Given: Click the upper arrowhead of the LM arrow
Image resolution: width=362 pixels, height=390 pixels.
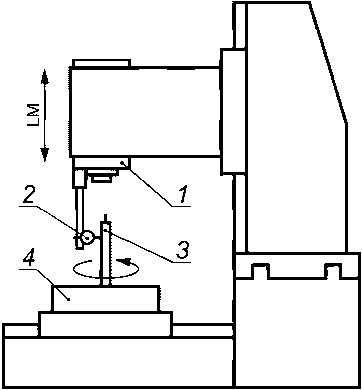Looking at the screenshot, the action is pyautogui.click(x=44, y=75).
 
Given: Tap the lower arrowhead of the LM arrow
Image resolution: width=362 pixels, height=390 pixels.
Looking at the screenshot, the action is pyautogui.click(x=44, y=156).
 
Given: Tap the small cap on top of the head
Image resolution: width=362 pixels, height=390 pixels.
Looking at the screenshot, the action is pyautogui.click(x=101, y=63).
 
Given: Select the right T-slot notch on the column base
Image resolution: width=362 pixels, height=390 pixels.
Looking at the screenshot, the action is pyautogui.click(x=333, y=270).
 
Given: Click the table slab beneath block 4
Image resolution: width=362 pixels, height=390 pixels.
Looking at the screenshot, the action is pyautogui.click(x=106, y=324).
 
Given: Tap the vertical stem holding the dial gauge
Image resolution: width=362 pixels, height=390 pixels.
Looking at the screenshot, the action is pyautogui.click(x=79, y=211).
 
